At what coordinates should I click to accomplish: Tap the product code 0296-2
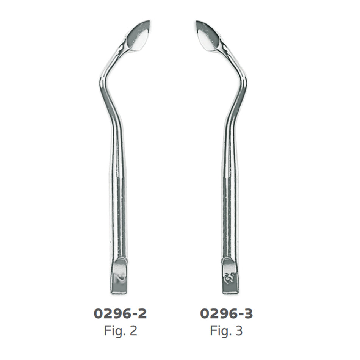pyautogui.click(x=120, y=314)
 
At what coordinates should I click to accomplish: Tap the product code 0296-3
pyautogui.click(x=226, y=314)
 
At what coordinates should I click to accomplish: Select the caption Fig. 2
pyautogui.click(x=121, y=330)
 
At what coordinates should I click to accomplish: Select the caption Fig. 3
pyautogui.click(x=226, y=330)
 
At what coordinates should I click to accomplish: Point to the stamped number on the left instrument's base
pyautogui.click(x=120, y=278)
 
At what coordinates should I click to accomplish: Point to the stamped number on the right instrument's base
pyautogui.click(x=228, y=277)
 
